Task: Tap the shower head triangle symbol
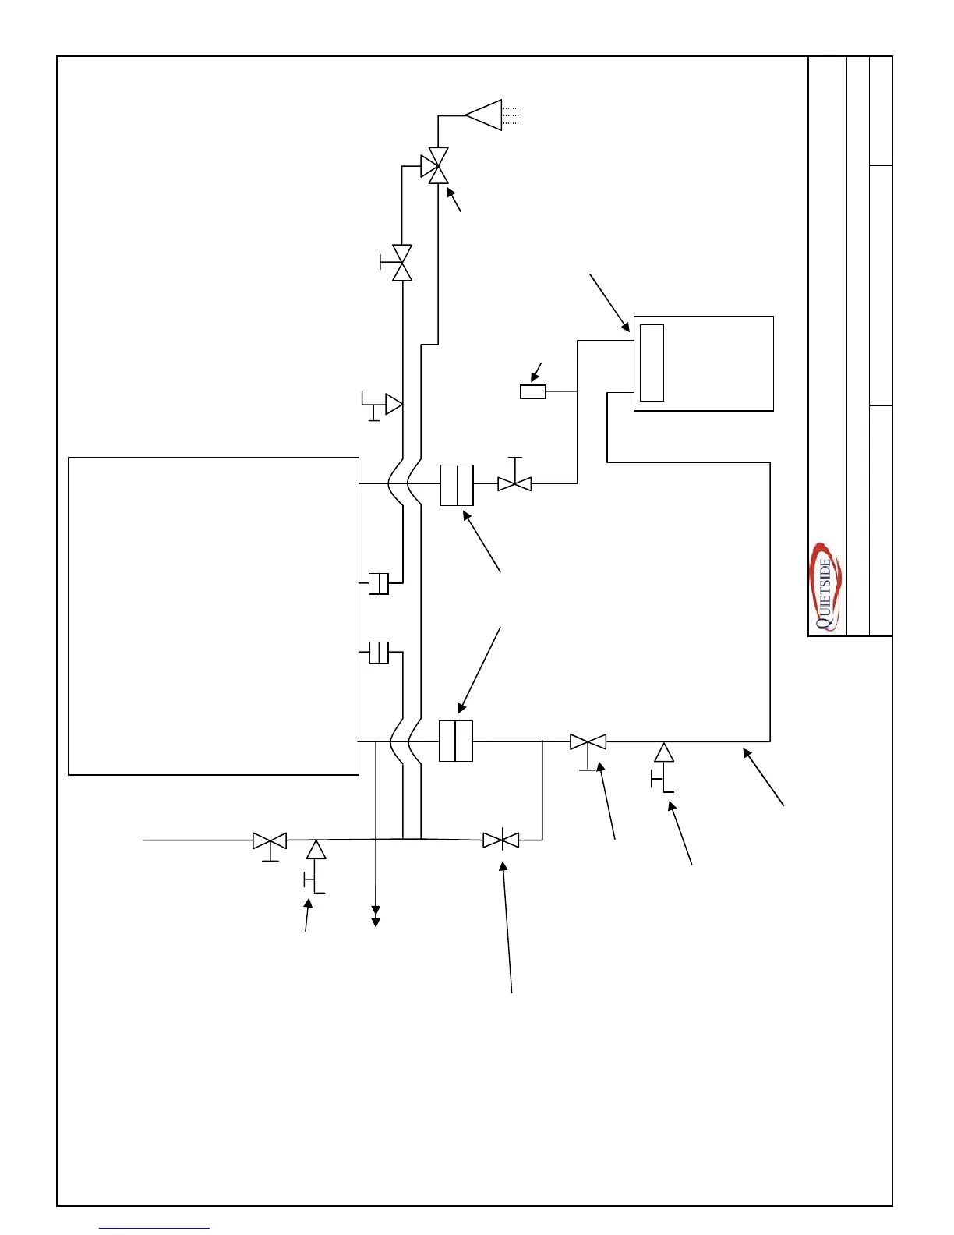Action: (485, 115)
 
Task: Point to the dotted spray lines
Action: (511, 115)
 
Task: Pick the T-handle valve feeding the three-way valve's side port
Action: (401, 263)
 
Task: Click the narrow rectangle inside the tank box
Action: (652, 363)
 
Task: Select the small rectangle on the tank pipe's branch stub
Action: (533, 391)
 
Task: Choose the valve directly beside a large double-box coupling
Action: (514, 483)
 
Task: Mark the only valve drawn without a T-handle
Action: (500, 840)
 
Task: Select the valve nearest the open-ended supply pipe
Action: (270, 840)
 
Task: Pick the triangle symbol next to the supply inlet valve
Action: (316, 849)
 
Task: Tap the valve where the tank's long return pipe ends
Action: (588, 741)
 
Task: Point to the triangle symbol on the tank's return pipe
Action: (664, 752)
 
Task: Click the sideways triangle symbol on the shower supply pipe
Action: (394, 404)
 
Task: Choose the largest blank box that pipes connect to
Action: (214, 616)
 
